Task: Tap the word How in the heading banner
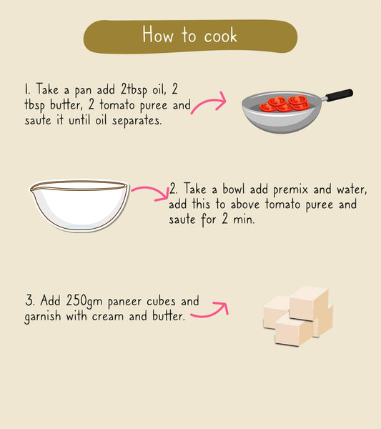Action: tap(157, 35)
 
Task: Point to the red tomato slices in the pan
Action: tap(284, 104)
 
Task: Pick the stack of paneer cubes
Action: tap(298, 315)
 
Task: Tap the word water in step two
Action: tap(348, 190)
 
